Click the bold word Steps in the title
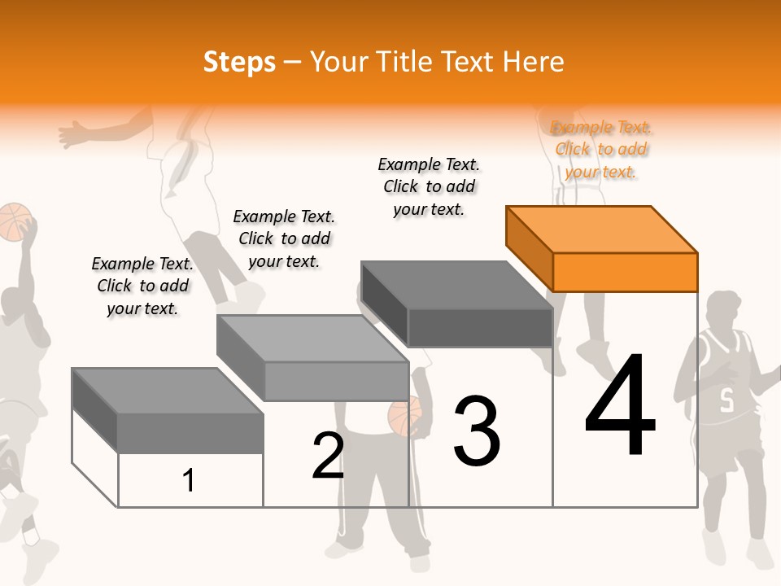pyautogui.click(x=239, y=62)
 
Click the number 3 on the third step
pyautogui.click(x=477, y=431)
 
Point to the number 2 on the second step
pyautogui.click(x=328, y=456)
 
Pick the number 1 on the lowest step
pyautogui.click(x=189, y=480)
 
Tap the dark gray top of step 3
pyautogui.click(x=456, y=284)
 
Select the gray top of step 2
pyautogui.click(x=312, y=338)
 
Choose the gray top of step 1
pyautogui.click(x=167, y=391)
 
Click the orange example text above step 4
pyautogui.click(x=601, y=149)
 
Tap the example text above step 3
pyautogui.click(x=429, y=186)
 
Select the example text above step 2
pyautogui.click(x=284, y=238)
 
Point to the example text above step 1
pyautogui.click(x=142, y=286)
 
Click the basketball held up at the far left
pyautogui.click(x=14, y=221)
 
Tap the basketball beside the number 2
pyautogui.click(x=404, y=416)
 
